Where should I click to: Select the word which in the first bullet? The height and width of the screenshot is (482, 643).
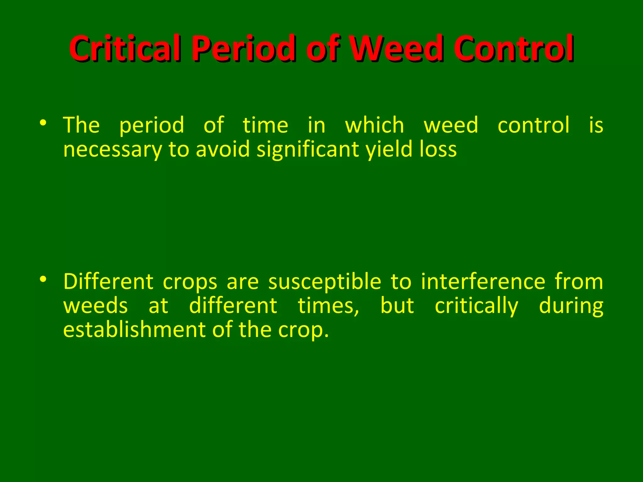374,125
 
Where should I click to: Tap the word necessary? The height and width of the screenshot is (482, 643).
112,149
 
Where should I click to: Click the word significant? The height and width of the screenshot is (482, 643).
308,149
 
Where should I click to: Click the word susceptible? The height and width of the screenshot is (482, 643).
325,281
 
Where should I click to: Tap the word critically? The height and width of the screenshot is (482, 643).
477,306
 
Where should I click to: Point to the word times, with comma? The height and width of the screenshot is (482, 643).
328,306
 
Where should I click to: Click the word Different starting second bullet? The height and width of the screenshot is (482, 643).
108,281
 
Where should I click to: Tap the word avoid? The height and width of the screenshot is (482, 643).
223,149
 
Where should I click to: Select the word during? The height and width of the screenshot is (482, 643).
571,306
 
